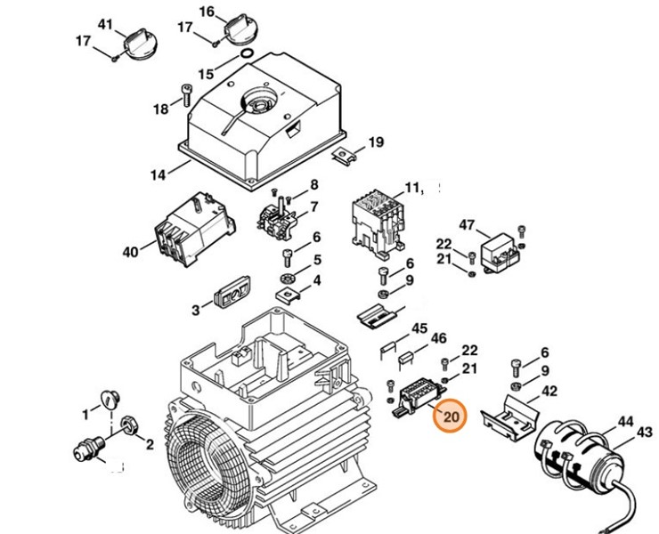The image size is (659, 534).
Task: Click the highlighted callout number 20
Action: [451, 416]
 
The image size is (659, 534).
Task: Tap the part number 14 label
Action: [158, 175]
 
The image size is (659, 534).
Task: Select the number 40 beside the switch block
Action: [130, 252]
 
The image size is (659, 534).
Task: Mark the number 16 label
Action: [207, 12]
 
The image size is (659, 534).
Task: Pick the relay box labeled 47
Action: [500, 252]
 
